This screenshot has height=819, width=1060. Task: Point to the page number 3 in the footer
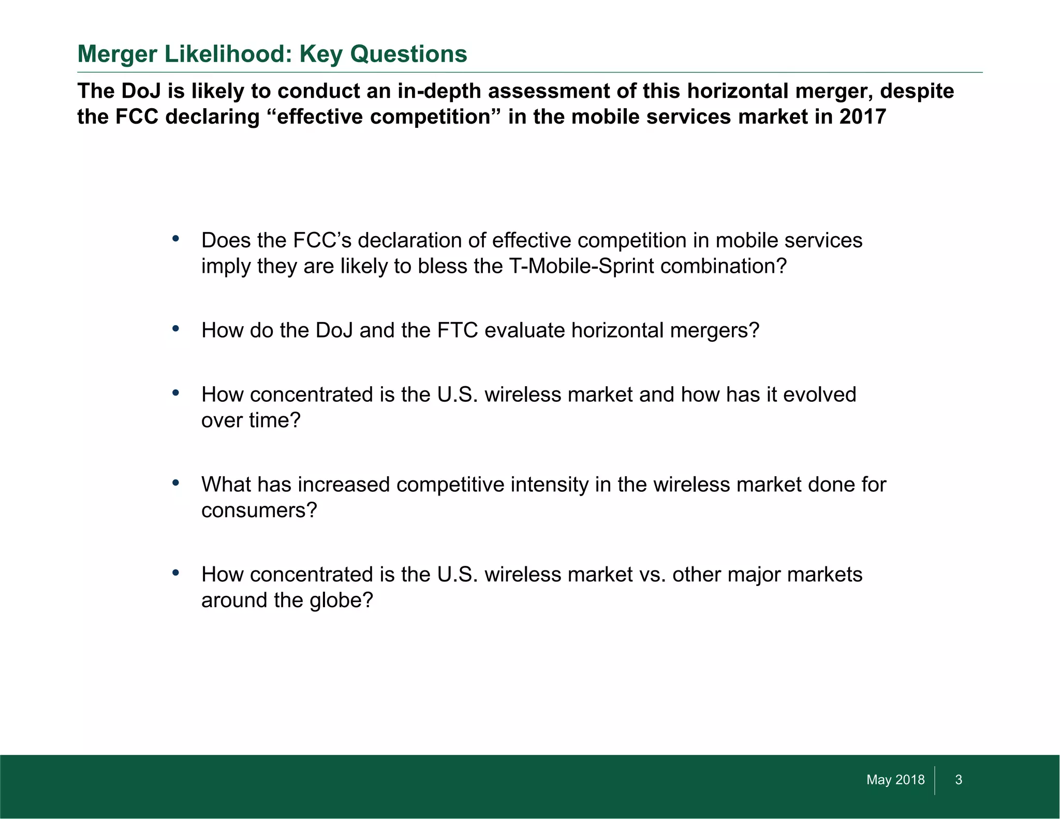pos(959,780)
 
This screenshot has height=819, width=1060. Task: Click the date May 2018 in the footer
pos(895,780)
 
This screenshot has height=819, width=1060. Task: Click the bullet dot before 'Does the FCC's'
pos(176,239)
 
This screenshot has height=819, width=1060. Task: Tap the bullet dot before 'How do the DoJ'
pos(176,329)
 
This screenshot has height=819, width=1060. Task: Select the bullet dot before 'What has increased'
pos(176,483)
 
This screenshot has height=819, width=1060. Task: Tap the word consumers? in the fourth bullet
pos(259,511)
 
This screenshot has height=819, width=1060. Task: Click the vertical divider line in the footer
pos(935,780)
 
